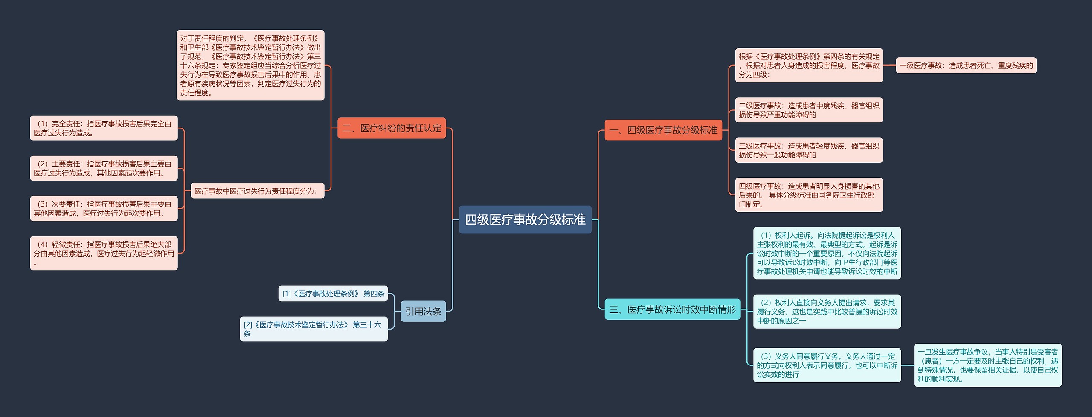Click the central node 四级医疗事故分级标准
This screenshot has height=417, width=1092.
point(525,219)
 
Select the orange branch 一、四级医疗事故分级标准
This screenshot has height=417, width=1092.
point(663,130)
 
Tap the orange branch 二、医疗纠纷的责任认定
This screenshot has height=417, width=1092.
point(392,128)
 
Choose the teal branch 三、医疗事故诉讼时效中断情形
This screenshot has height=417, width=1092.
point(672,309)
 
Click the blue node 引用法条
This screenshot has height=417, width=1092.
point(423,311)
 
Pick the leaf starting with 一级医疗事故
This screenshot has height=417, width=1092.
point(966,66)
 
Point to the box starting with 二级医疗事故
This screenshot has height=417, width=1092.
point(809,110)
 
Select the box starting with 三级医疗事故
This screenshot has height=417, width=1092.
point(809,150)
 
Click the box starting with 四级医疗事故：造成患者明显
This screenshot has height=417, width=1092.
point(809,195)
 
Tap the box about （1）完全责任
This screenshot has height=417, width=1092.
point(104,128)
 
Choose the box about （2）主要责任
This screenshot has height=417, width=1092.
point(104,168)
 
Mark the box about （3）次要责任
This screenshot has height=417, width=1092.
point(104,208)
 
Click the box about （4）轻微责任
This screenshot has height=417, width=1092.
point(104,253)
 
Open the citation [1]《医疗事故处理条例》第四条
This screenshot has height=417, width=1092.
point(333,294)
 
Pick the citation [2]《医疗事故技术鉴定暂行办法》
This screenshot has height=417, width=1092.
point(314,329)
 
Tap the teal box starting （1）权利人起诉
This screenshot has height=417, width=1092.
point(827,253)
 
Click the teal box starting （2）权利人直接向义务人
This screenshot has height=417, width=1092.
point(827,312)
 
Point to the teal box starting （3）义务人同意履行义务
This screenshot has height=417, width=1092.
point(827,365)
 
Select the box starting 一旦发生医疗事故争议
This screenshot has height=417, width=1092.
point(987,365)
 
